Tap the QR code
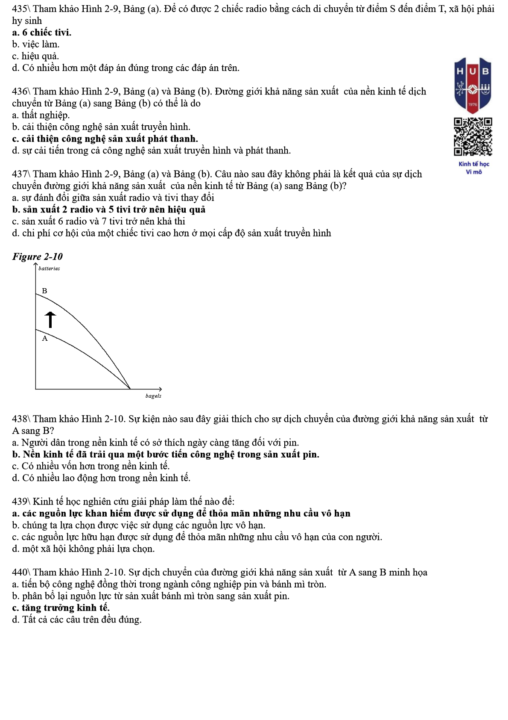(473, 136)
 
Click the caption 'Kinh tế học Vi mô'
(474, 168)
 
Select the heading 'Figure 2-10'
(38, 257)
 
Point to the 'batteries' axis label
(49, 269)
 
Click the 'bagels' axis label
(153, 396)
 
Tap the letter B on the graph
(44, 291)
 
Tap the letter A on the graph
(45, 339)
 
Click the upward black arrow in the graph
(50, 319)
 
